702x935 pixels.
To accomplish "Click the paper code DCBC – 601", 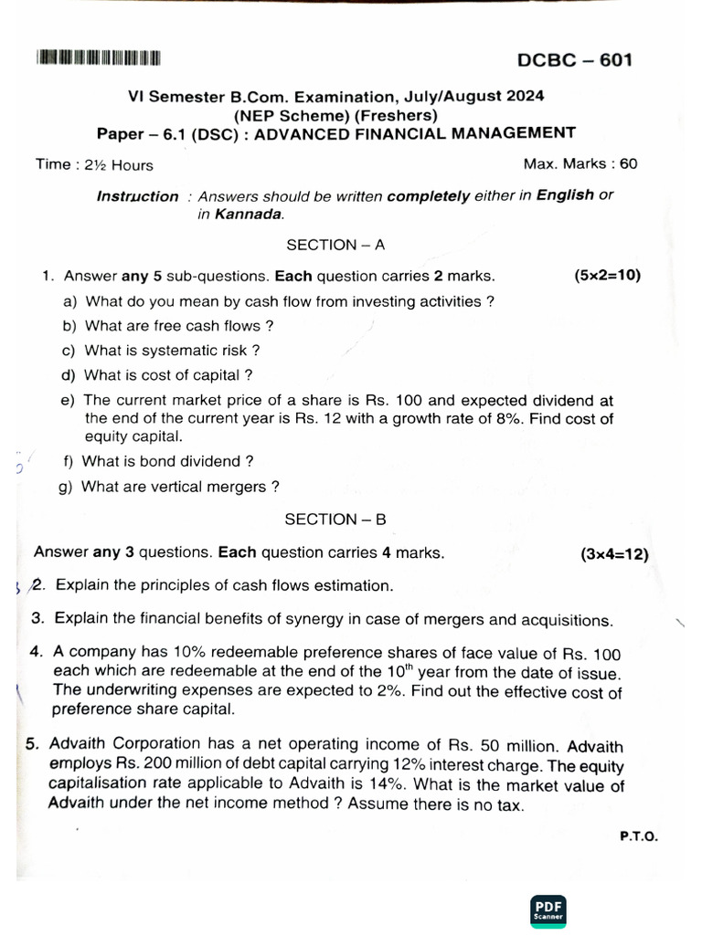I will pos(574,60).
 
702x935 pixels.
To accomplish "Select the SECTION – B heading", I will pos(335,519).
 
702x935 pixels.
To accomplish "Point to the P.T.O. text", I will pos(638,835).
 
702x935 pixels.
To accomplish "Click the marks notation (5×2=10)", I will pos(607,275).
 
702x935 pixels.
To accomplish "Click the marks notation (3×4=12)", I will pos(614,553).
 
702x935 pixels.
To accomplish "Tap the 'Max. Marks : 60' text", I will pos(580,164).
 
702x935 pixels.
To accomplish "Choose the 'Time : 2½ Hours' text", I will pos(94,165).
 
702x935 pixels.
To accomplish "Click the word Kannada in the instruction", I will pos(249,215).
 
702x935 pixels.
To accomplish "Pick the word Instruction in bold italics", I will pos(138,196).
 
